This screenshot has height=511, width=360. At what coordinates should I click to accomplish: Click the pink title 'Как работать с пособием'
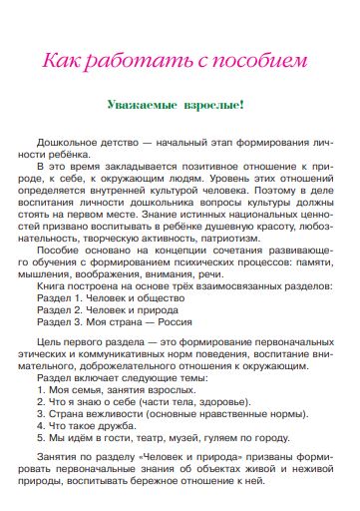point(180,60)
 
